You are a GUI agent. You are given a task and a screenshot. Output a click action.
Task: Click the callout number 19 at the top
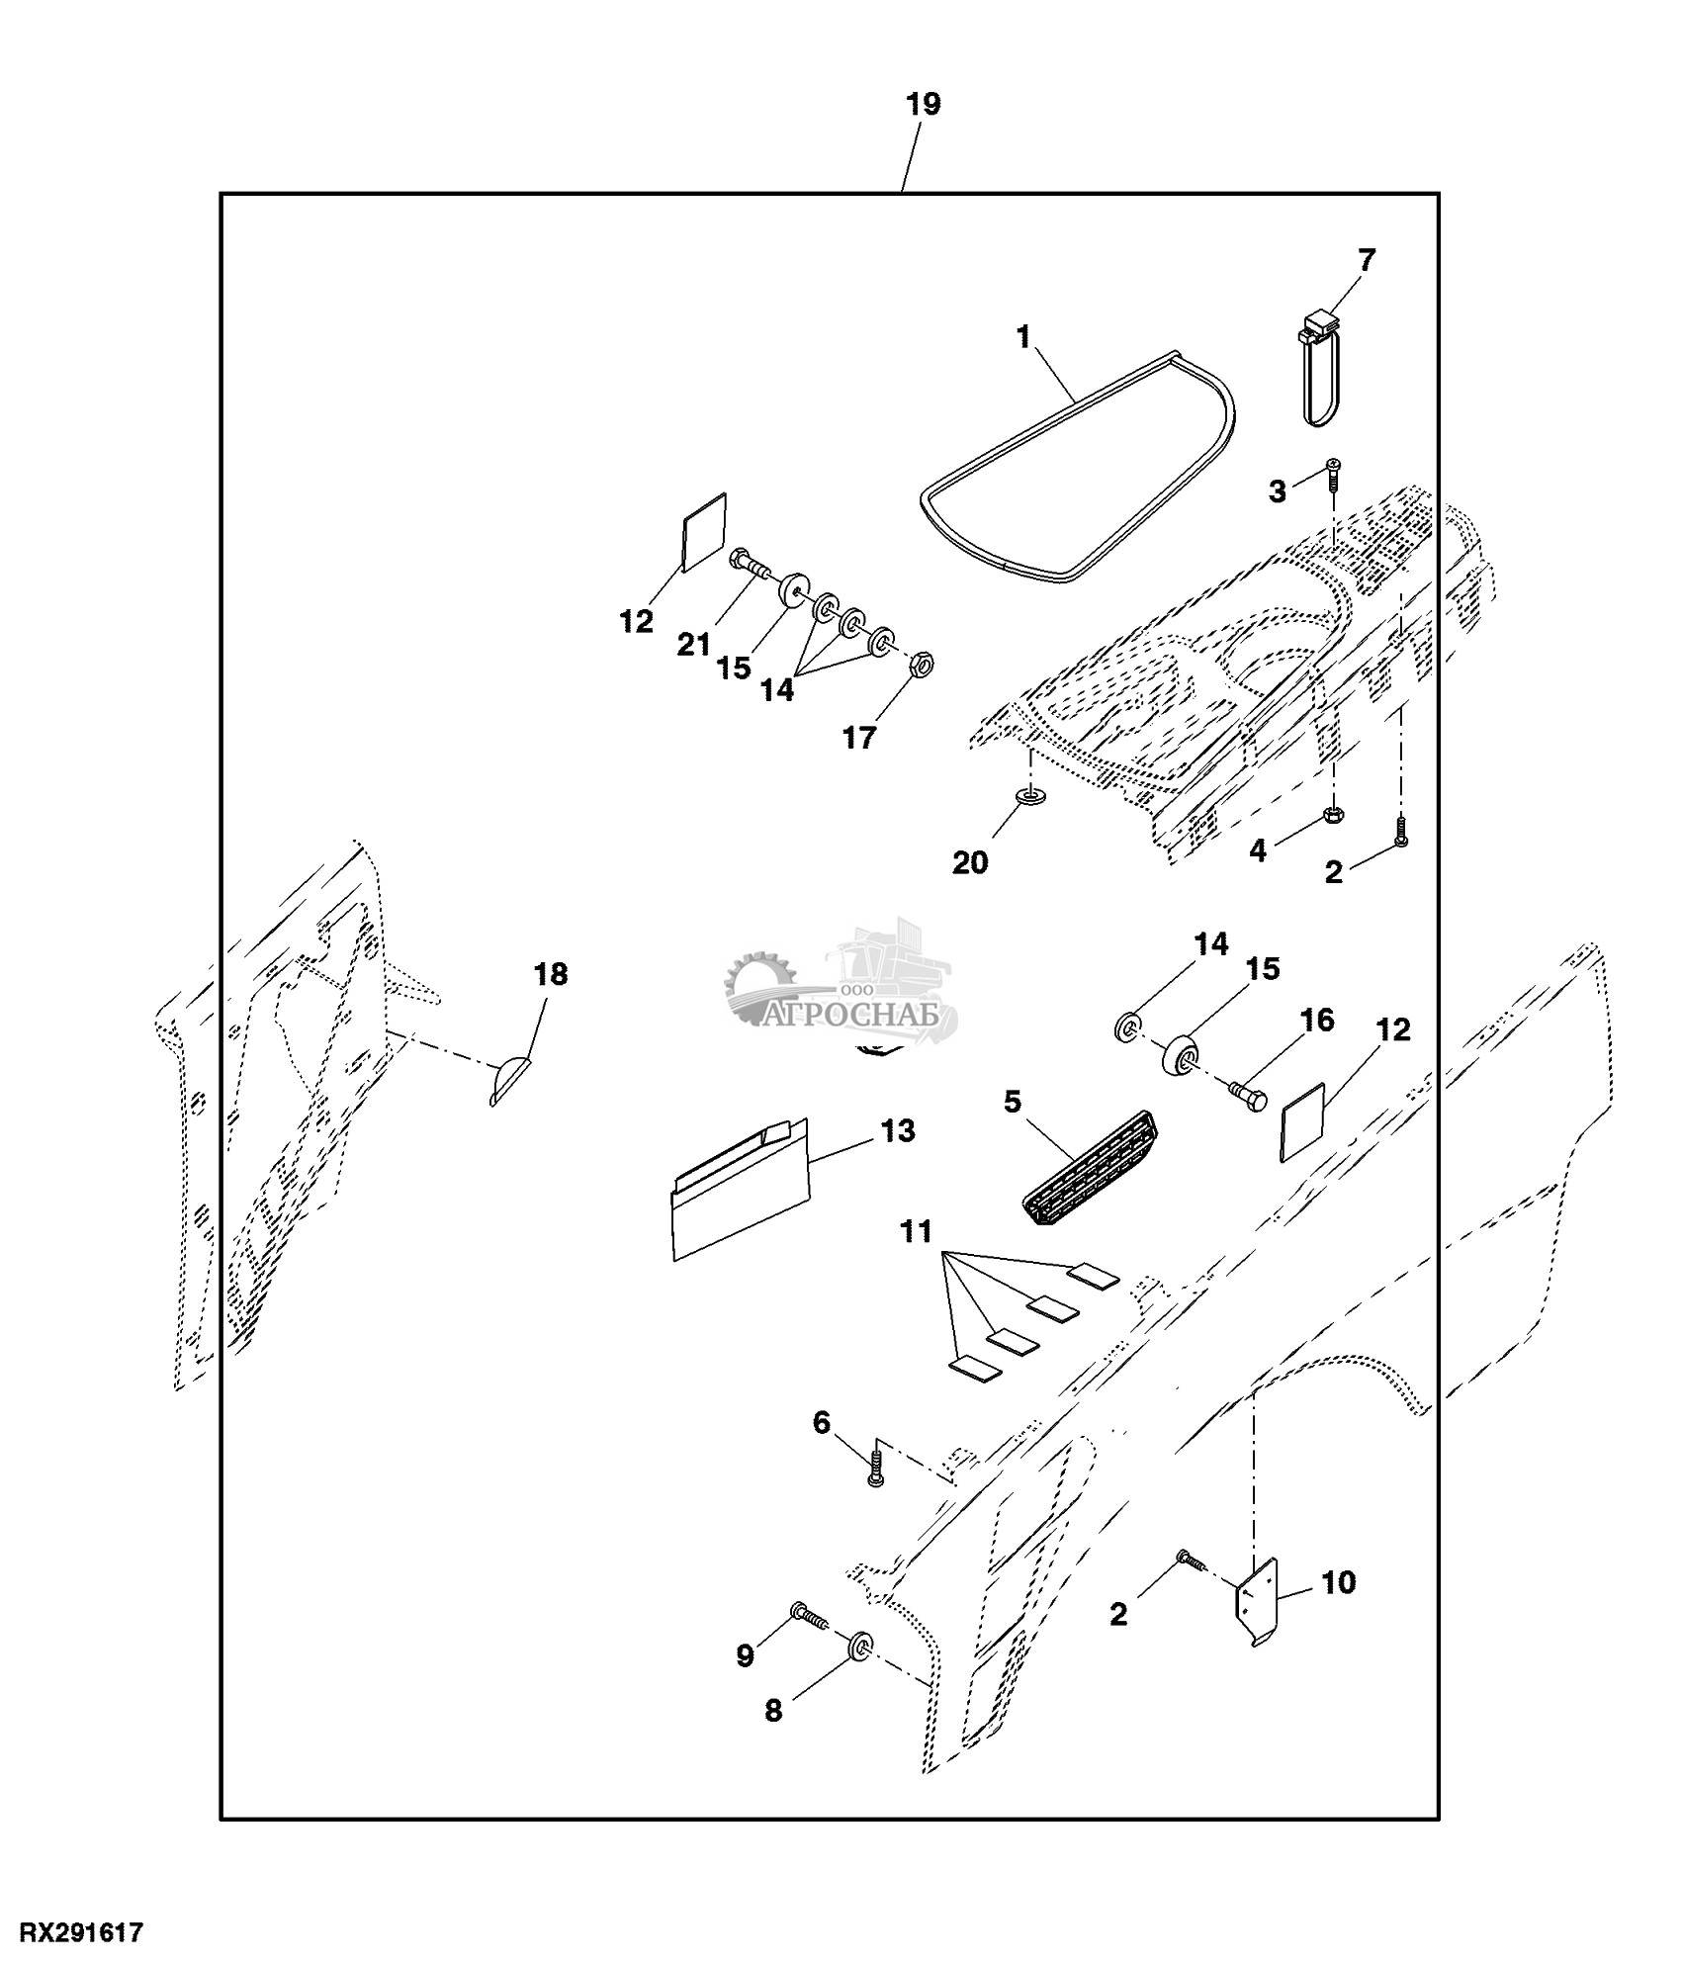point(924,105)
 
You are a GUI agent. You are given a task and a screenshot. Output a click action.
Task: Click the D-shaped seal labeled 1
point(1078,465)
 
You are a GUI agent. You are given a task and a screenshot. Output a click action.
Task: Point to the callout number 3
point(1278,491)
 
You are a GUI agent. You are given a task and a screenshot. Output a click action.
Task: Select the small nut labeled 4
point(1333,815)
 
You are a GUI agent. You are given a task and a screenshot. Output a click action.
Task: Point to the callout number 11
point(917,1232)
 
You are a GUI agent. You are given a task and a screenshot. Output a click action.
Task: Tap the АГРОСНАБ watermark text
point(860,1016)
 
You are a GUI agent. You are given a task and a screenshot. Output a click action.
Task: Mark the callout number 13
point(897,1131)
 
